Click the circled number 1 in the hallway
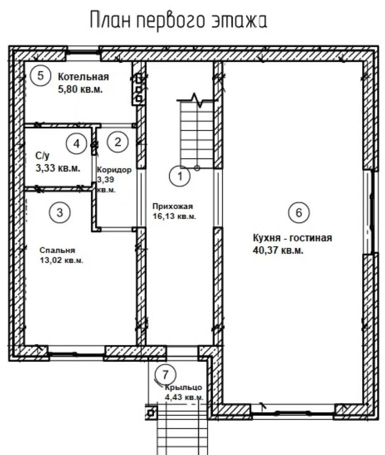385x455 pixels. point(180,176)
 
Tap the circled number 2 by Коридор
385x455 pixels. point(118,142)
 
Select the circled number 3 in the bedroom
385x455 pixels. point(60,212)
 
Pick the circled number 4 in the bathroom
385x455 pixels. point(77,144)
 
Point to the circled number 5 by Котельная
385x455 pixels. point(40,76)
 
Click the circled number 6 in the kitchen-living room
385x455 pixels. point(299,212)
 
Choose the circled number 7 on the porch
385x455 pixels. point(166,375)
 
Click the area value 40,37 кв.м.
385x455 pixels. point(278,250)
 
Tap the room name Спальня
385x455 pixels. point(57,250)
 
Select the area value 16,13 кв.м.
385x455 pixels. point(174,216)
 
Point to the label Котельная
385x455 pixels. point(83,77)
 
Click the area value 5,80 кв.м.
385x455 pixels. point(80,89)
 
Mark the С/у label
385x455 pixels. point(43,156)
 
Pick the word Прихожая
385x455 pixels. point(173,206)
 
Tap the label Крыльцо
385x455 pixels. point(184,388)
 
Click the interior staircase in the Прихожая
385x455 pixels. point(197,133)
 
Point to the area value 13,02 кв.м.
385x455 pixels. point(61,260)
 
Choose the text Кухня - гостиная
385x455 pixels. point(292,238)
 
